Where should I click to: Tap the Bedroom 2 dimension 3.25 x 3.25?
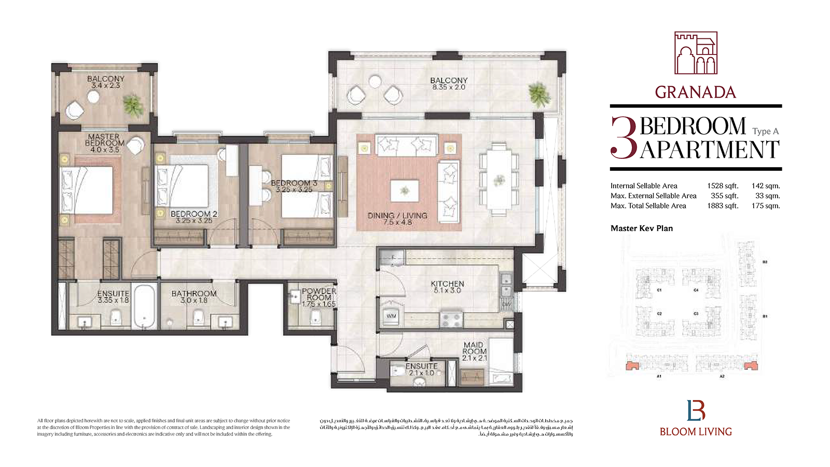click(x=193, y=221)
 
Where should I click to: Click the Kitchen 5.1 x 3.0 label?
click(x=447, y=287)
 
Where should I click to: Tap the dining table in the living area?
click(x=499, y=180)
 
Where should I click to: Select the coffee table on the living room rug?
click(x=405, y=190)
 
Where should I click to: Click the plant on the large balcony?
click(x=539, y=95)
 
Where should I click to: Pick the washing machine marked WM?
click(x=391, y=315)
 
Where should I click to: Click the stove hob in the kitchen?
click(x=451, y=319)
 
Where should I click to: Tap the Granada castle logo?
click(x=696, y=53)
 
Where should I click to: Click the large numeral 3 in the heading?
click(x=624, y=138)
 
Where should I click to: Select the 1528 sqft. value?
click(x=722, y=186)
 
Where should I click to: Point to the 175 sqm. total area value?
click(x=765, y=206)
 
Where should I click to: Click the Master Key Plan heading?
click(x=642, y=228)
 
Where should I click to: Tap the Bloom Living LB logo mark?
click(x=696, y=410)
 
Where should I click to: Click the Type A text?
click(x=765, y=132)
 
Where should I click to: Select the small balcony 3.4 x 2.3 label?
click(x=105, y=82)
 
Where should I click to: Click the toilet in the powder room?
click(x=315, y=317)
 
